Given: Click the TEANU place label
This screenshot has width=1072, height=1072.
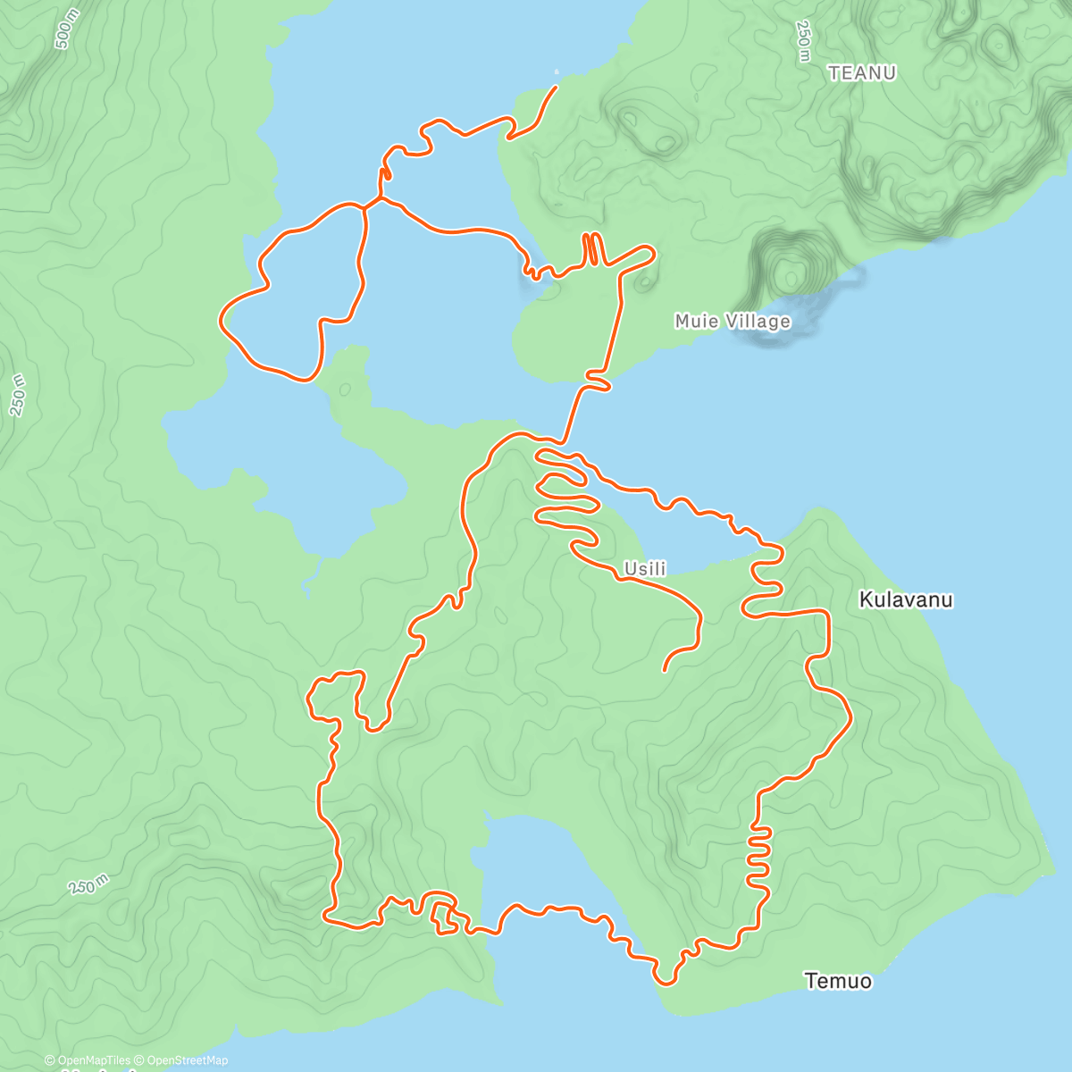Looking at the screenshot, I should (862, 73).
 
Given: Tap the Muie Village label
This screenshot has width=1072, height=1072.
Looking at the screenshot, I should (733, 321).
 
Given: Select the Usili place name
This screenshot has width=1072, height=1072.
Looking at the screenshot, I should (645, 569).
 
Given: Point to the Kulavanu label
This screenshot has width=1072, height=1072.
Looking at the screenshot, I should (906, 599).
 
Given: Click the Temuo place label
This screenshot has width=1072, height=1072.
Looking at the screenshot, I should (838, 981).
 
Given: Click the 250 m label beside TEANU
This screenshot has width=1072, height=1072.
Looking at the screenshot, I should (803, 41).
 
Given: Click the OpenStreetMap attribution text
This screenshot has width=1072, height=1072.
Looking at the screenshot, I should (186, 1060).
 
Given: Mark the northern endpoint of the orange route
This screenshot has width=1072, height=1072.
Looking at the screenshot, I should (557, 87).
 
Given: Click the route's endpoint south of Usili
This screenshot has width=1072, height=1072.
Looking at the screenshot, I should (664, 670).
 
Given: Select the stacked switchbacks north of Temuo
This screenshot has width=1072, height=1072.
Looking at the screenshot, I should (758, 853).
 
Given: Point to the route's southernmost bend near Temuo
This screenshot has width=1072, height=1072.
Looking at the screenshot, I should (666, 983).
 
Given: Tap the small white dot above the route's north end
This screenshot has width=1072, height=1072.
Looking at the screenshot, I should (557, 71).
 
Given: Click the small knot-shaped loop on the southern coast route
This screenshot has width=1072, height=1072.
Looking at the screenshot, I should (444, 920).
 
